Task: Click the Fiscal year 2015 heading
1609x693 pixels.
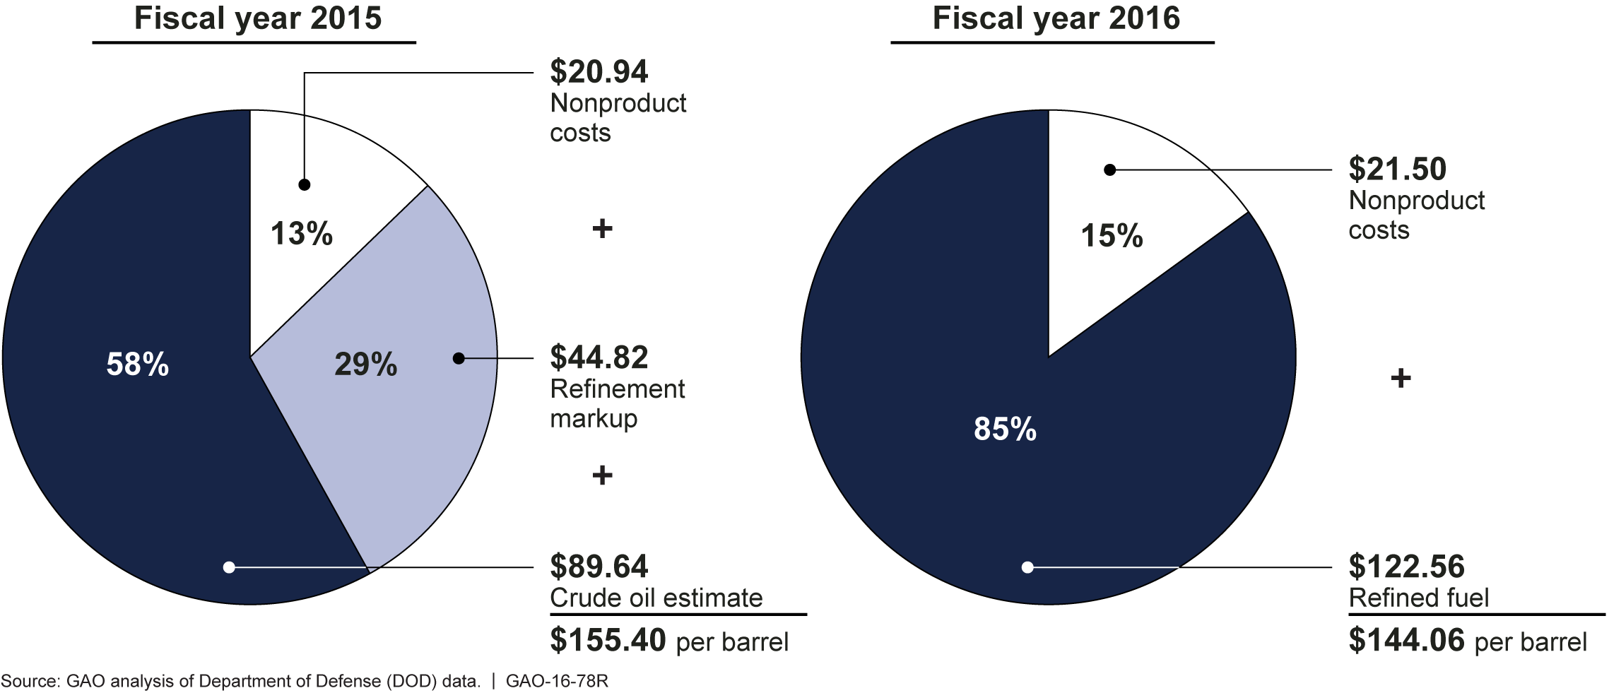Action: pyautogui.click(x=257, y=18)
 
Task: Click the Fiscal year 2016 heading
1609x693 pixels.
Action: pyautogui.click(x=1056, y=18)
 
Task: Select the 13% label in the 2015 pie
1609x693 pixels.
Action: pyautogui.click(x=302, y=234)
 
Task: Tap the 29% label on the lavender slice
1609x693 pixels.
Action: pyautogui.click(x=365, y=365)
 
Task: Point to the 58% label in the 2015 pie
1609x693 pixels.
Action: pyautogui.click(x=138, y=365)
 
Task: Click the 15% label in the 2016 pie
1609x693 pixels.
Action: pyautogui.click(x=1112, y=236)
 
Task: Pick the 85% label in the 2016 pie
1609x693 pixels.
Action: pyautogui.click(x=1005, y=429)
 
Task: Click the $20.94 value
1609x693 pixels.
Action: pyautogui.click(x=599, y=71)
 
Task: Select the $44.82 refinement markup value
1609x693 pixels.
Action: pyautogui.click(x=599, y=357)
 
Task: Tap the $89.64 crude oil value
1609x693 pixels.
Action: pyautogui.click(x=599, y=567)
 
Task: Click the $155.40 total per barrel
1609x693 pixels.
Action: pyautogui.click(x=608, y=640)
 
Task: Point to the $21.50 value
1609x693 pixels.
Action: pyautogui.click(x=1397, y=170)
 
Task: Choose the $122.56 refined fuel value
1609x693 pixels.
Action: pyautogui.click(x=1406, y=567)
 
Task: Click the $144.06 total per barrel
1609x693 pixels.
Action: pyautogui.click(x=1406, y=640)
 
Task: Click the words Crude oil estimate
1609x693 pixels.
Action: pyautogui.click(x=656, y=598)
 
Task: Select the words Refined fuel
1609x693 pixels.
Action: pyautogui.click(x=1418, y=598)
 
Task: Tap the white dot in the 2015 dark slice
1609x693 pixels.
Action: pyautogui.click(x=229, y=567)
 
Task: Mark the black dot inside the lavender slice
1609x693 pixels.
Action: pyautogui.click(x=459, y=358)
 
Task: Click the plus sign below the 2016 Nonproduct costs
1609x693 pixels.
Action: pyautogui.click(x=1401, y=379)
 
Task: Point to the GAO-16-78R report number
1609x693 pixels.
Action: pyautogui.click(x=557, y=681)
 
